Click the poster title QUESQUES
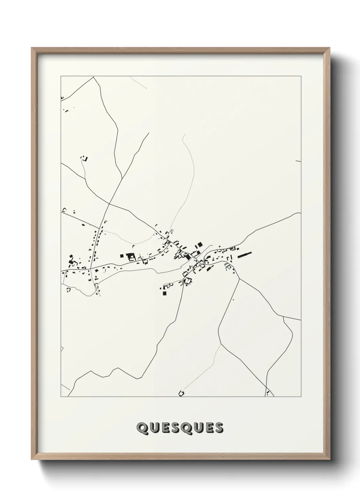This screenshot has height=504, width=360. point(180,428)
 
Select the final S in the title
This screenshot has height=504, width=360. point(219,428)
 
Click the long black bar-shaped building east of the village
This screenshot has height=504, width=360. point(245,254)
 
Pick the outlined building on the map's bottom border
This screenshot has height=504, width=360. point(182,393)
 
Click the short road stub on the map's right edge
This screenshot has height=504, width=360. point(298,161)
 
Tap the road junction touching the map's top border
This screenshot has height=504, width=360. point(93,77)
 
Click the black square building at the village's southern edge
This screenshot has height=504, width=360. point(165,293)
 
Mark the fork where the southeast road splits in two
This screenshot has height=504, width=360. point(239,279)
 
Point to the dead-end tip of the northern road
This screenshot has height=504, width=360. point(149,133)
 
